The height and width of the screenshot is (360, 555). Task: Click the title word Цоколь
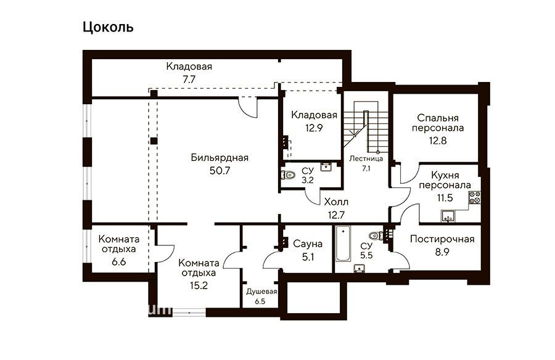108,27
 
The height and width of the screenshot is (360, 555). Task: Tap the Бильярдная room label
220,158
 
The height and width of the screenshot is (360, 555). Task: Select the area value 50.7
220,171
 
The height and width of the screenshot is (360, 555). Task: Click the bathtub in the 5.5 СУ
343,243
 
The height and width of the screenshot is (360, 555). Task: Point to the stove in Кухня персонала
475,197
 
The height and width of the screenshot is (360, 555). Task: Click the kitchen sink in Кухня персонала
448,216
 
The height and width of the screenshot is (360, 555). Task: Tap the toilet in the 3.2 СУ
289,174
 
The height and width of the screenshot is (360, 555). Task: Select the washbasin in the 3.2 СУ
326,166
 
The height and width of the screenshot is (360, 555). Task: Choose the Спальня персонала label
438,123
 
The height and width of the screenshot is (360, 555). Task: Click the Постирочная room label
442,239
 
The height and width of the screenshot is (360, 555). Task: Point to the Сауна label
308,243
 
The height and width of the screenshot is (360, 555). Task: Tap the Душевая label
261,292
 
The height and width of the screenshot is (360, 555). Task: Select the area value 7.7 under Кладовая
189,80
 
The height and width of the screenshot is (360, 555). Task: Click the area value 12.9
314,128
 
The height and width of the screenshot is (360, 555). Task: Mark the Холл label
336,202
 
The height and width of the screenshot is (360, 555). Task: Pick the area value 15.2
199,285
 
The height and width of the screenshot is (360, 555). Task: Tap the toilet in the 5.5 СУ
376,235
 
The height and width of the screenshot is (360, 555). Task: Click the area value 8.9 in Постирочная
442,252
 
